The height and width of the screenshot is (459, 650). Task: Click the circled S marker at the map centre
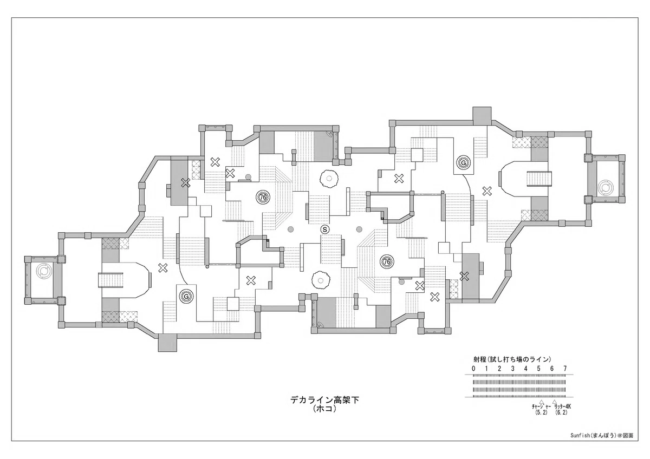[x=325, y=229]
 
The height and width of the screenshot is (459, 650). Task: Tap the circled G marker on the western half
[x=186, y=296]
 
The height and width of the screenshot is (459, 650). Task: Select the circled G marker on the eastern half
[x=464, y=163]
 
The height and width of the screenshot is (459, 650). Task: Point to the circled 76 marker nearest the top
[x=263, y=197]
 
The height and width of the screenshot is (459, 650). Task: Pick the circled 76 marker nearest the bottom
[x=387, y=261]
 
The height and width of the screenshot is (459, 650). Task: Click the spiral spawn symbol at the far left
[x=43, y=271]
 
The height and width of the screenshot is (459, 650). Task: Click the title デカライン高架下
[x=324, y=401]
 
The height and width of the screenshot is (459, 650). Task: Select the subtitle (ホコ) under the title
[x=324, y=409]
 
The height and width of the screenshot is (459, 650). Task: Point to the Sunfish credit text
[x=602, y=444]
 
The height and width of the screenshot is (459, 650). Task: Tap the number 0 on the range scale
[x=473, y=369]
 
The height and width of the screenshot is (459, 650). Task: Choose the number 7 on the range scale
[x=565, y=369]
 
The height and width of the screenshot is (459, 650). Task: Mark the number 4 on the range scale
[x=525, y=369]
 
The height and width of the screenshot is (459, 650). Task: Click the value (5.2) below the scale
[x=541, y=412]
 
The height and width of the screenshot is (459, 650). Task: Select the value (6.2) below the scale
[x=561, y=412]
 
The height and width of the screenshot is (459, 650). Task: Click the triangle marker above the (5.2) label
[x=541, y=402]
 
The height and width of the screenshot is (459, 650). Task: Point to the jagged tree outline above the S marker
[x=329, y=179]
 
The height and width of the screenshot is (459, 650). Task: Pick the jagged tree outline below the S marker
[x=321, y=280]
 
